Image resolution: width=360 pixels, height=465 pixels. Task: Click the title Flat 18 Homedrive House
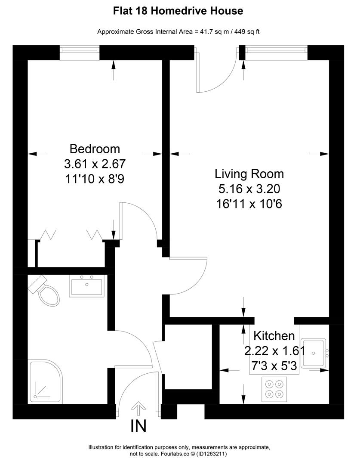[x=178, y=11]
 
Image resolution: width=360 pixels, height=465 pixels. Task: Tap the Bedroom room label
[x=95, y=149]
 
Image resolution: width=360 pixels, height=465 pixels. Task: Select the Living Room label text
[x=249, y=174]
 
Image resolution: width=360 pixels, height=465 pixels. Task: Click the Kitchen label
[x=274, y=336]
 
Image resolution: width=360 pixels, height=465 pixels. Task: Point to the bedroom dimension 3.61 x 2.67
[x=95, y=164]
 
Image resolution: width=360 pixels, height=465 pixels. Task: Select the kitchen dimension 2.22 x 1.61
[x=274, y=351]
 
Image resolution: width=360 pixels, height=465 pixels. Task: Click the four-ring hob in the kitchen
[x=274, y=388]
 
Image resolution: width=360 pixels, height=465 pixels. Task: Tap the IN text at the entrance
[x=138, y=426]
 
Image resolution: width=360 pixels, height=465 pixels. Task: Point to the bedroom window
[x=80, y=53]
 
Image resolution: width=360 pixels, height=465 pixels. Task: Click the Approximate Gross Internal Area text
[x=178, y=31]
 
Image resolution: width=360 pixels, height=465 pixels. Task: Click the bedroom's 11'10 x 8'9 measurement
[x=95, y=178]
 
